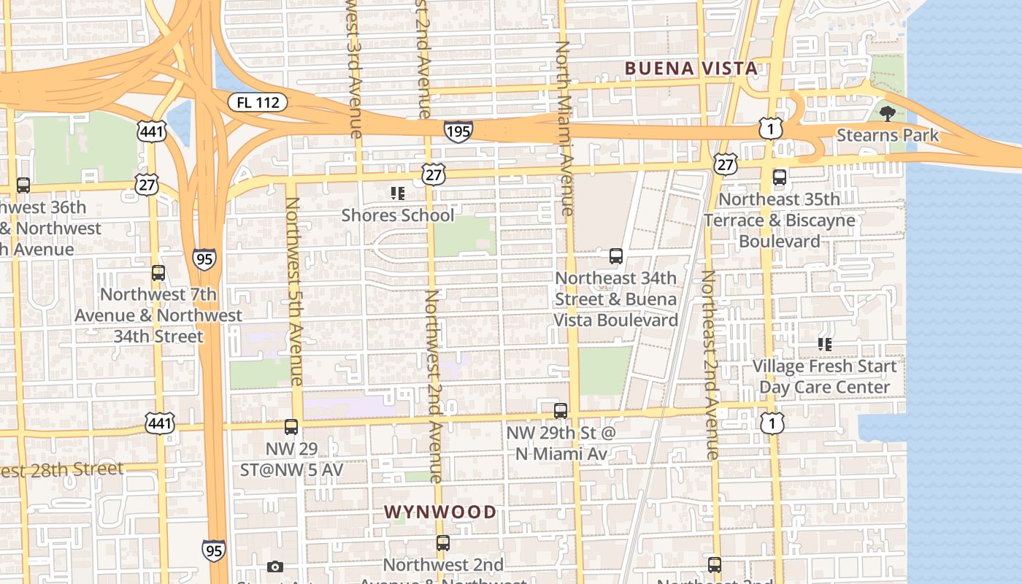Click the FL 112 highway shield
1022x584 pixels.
tap(258, 102)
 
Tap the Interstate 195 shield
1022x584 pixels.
tap(458, 131)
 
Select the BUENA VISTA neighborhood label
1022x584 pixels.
tap(691, 69)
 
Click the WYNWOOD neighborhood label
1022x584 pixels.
tap(440, 512)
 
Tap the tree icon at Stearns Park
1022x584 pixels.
tap(888, 113)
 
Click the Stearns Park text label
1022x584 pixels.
tap(887, 136)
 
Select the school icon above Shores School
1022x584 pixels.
tap(398, 193)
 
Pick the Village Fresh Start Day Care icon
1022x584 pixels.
tap(825, 344)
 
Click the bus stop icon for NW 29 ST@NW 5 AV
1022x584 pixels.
tap(291, 427)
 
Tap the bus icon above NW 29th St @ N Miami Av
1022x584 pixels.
tap(560, 410)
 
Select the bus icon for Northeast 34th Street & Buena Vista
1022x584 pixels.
tap(616, 256)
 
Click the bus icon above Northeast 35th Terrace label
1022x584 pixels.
tap(780, 177)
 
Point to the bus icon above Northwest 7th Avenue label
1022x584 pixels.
tap(158, 273)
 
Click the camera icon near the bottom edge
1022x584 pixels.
tap(275, 566)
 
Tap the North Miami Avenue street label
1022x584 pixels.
tap(563, 128)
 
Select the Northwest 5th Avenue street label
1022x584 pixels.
tap(293, 291)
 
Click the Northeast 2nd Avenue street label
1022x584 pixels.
tap(710, 364)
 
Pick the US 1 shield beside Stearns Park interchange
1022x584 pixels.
tap(771, 129)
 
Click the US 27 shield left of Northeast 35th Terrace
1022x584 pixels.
tap(726, 164)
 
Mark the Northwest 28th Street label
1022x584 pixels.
tap(62, 469)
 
